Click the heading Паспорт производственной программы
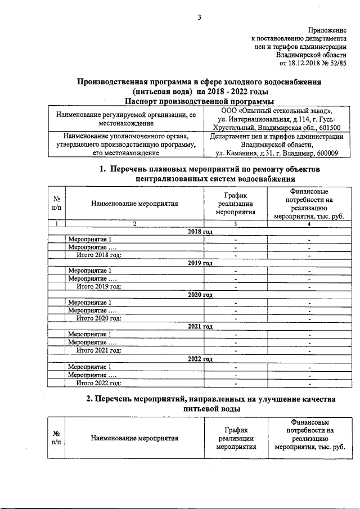(199, 101)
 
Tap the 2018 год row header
(199, 232)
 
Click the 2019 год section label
(199, 263)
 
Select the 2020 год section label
(199, 294)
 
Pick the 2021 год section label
(199, 326)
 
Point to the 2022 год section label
(199, 358)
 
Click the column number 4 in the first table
(309, 224)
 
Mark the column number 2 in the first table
(134, 224)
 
